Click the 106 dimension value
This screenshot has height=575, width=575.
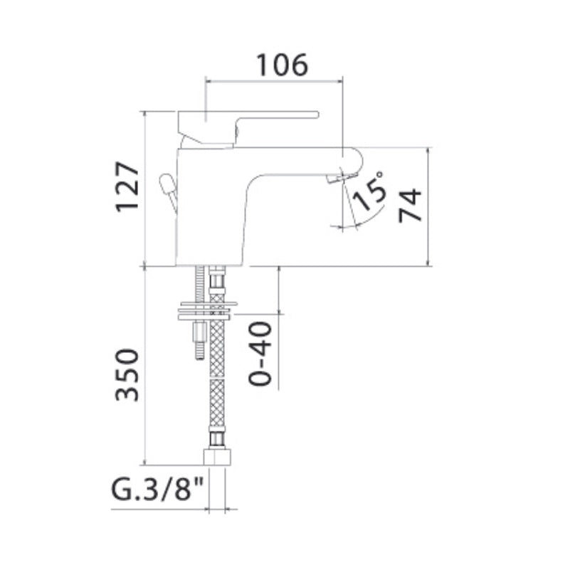point(282,65)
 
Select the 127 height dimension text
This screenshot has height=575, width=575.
point(128,187)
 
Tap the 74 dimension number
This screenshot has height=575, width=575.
point(411,205)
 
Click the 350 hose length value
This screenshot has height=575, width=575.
point(127,374)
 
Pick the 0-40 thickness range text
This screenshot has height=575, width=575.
point(260,354)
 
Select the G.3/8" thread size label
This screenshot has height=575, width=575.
point(157,490)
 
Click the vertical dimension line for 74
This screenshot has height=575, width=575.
point(429,206)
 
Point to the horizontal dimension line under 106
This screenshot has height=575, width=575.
point(274,80)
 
